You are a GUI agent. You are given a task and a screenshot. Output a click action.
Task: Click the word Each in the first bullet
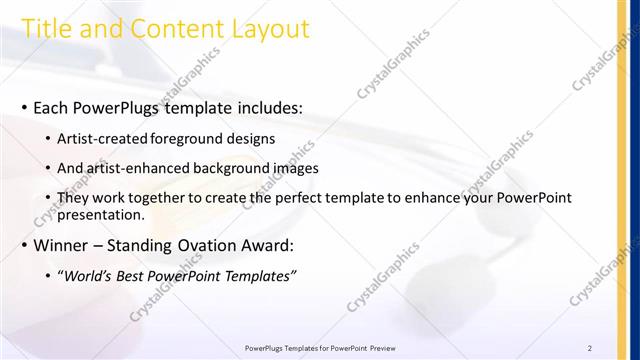[52, 107]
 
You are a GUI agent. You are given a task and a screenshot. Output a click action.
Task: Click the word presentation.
[102, 214]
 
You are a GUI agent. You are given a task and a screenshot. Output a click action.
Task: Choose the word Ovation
[213, 245]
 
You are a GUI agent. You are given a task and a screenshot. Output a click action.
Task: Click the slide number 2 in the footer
[590, 347]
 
